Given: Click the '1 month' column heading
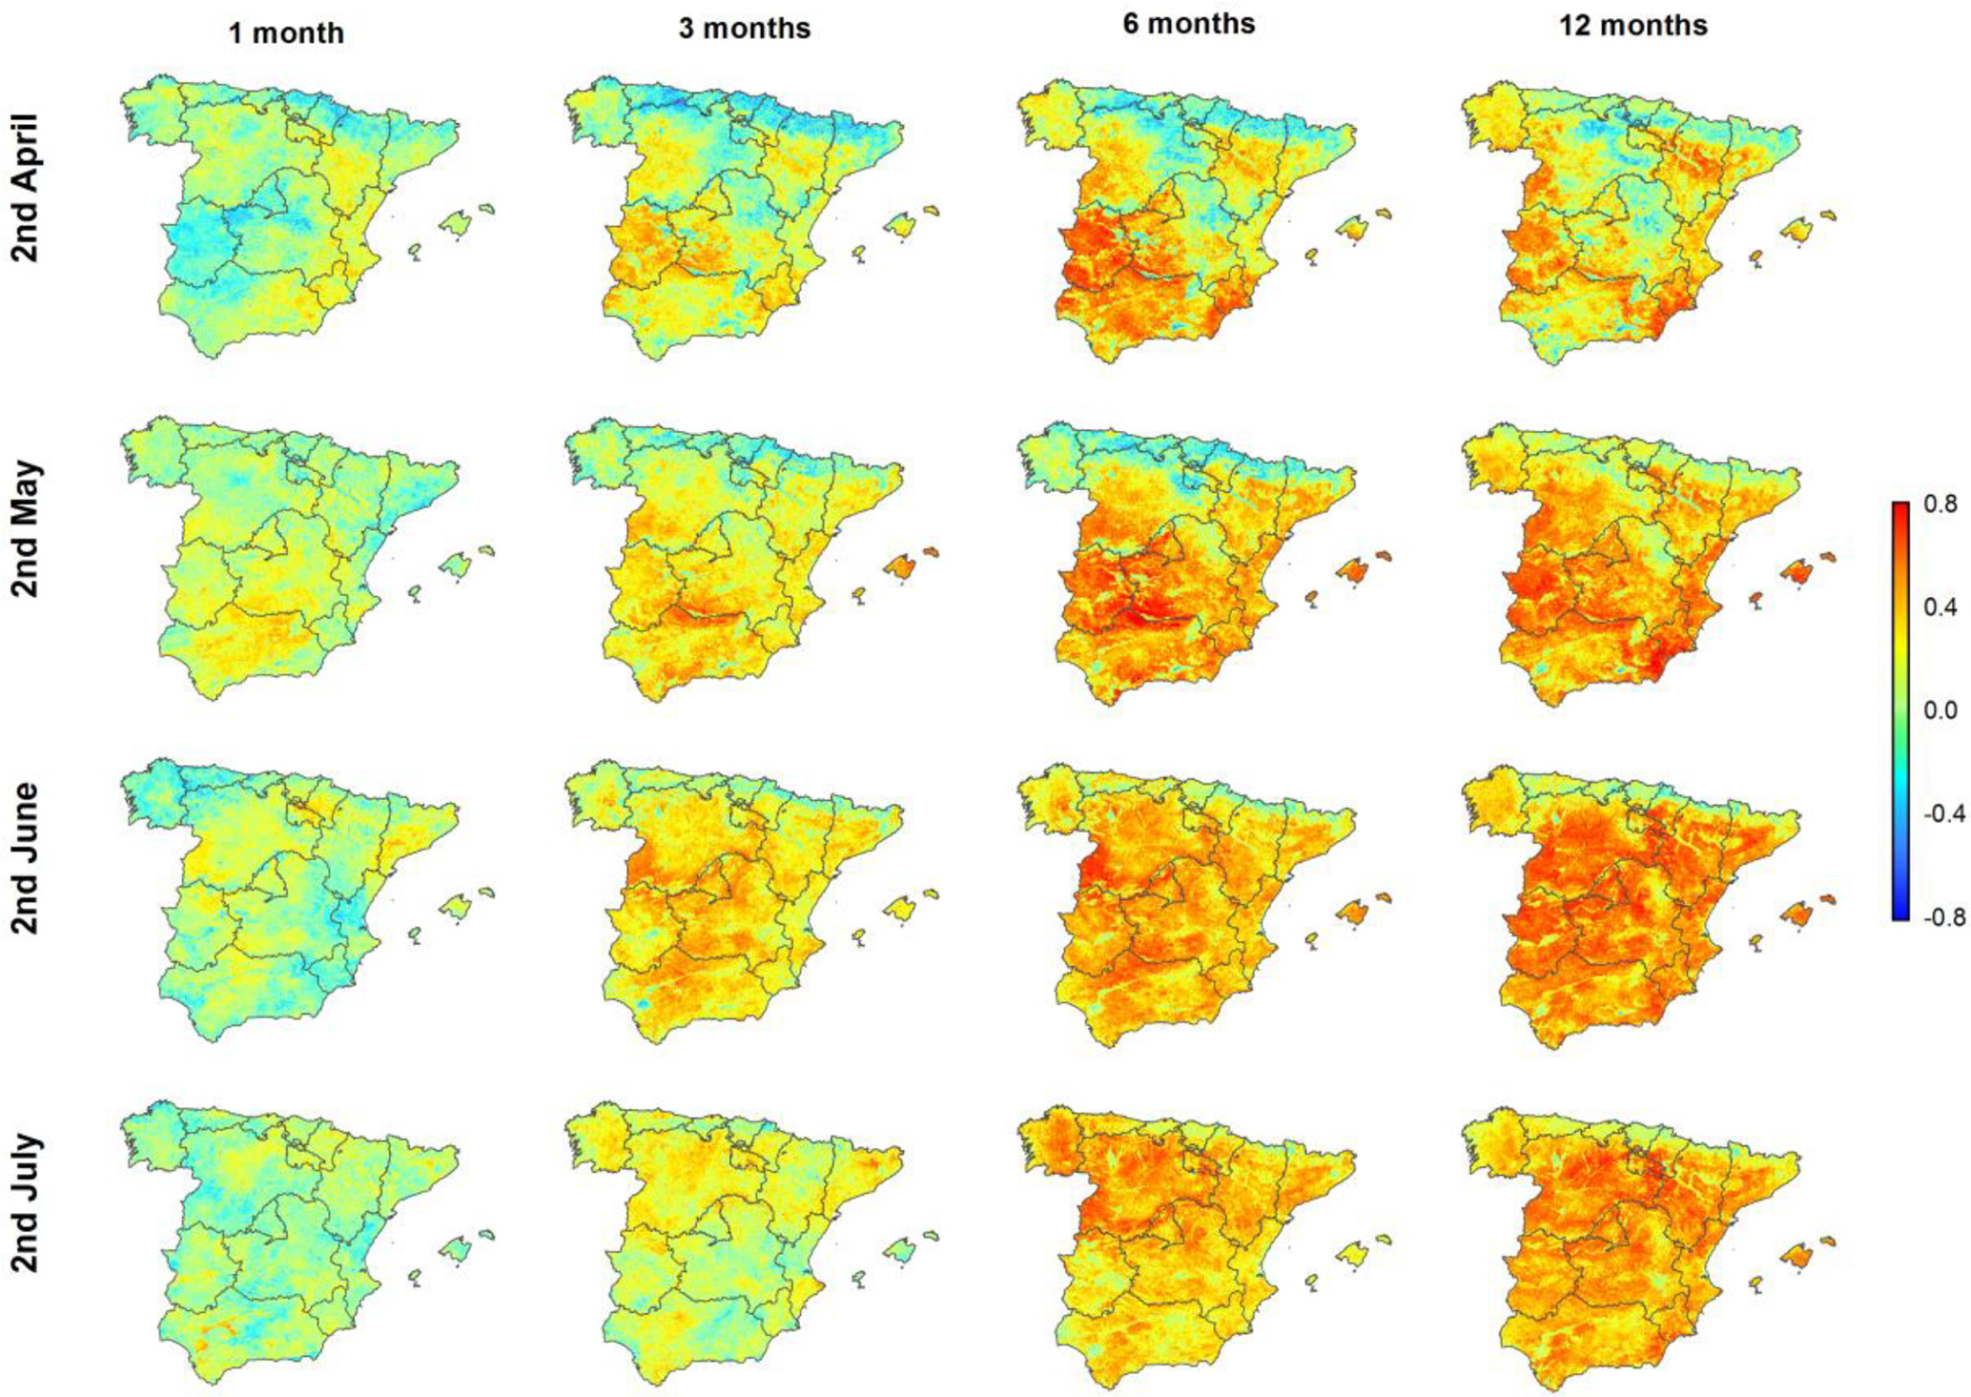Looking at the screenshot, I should coord(286,33).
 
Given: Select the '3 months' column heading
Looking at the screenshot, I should coord(744,29).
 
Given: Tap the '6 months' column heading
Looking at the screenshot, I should coord(1188,24).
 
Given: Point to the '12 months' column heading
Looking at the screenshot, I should coord(1632,25).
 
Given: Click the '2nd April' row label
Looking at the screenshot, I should coord(26,188).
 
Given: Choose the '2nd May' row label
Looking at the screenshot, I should coord(26,529).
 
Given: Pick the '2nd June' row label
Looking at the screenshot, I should coord(26,858).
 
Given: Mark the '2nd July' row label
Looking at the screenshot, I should coord(26,1203).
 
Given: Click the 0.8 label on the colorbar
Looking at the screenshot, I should coord(1940,504).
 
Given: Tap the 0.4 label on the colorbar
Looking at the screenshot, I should coord(1940,607).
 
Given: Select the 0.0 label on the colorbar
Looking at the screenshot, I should coord(1940,710).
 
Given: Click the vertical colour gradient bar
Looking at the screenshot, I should coord(1900,710).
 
